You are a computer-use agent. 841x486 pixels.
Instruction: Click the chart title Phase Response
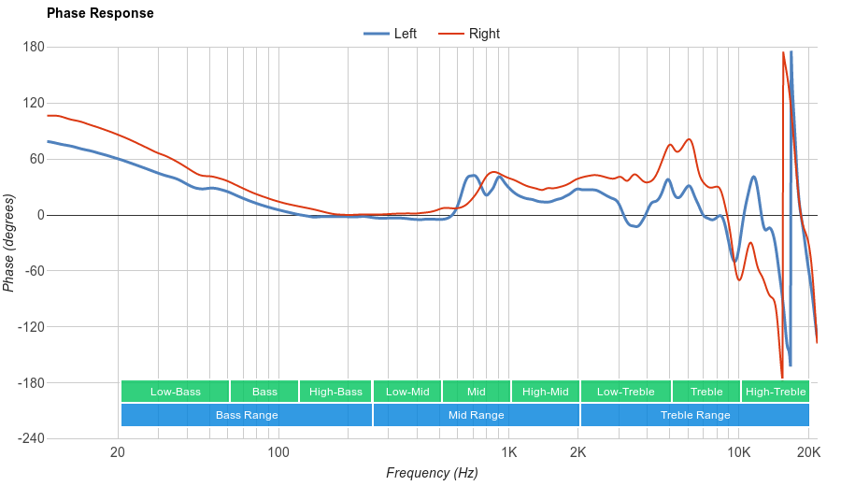[x=100, y=14]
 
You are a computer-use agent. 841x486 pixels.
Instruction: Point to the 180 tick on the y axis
[x=34, y=47]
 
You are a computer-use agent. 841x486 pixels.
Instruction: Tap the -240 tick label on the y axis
[x=30, y=439]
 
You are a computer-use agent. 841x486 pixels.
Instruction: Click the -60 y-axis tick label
[x=34, y=271]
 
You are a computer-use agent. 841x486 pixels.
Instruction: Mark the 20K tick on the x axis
[x=808, y=453]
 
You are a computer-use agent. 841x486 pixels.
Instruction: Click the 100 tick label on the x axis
[x=278, y=453]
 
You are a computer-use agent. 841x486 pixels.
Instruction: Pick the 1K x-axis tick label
[x=509, y=453]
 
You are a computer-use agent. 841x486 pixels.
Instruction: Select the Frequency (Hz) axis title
[x=432, y=473]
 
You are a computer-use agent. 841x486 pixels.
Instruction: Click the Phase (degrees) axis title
[x=9, y=243]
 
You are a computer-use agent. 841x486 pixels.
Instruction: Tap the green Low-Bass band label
[x=175, y=392]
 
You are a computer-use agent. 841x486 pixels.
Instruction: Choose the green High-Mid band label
[x=545, y=392]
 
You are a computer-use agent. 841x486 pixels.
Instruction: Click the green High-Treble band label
[x=776, y=392]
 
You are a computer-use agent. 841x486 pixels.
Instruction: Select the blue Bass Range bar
[x=247, y=415]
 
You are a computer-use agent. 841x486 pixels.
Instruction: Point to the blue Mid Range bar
[x=476, y=415]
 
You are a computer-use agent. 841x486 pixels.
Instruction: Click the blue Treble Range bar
[x=695, y=415]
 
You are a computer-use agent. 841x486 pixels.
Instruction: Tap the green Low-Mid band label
[x=407, y=392]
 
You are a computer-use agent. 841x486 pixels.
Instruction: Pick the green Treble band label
[x=706, y=392]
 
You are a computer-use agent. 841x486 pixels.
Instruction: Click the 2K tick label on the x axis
[x=578, y=453]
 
